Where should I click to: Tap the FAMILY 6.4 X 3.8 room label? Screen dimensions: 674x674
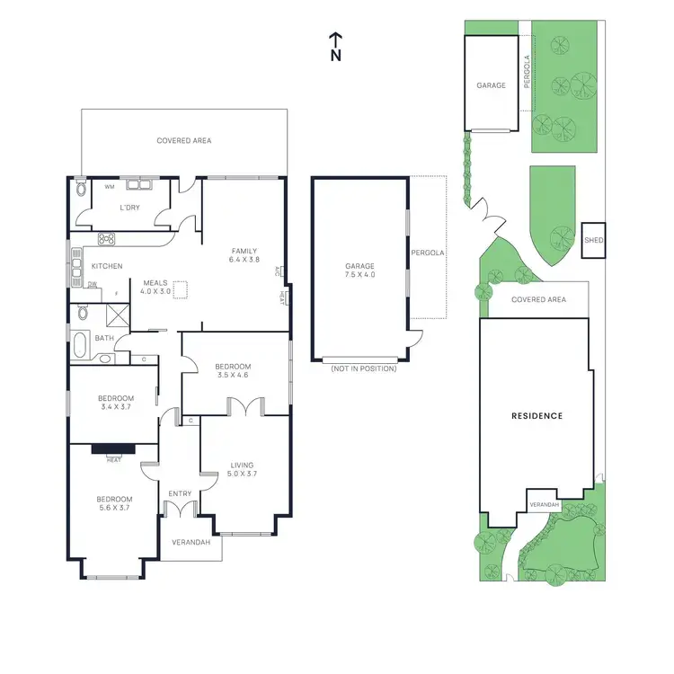(x=244, y=256)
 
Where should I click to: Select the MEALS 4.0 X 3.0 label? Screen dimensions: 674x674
(x=155, y=287)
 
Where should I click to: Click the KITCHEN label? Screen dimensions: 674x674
(x=107, y=266)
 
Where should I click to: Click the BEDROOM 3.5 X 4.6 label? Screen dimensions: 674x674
(x=232, y=371)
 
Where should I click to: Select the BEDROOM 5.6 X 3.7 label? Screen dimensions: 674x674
(x=115, y=504)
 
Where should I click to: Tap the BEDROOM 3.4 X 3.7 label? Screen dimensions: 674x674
(x=115, y=404)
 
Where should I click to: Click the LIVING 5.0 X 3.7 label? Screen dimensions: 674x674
(x=243, y=470)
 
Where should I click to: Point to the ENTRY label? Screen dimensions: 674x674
(x=180, y=493)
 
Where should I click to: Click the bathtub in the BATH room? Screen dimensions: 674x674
(x=81, y=341)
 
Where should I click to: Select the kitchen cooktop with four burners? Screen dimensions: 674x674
(x=107, y=239)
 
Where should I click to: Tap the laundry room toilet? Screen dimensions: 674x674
(x=82, y=189)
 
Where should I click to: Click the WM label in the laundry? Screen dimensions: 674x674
(x=109, y=187)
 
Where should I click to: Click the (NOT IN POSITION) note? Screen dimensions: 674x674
(x=363, y=368)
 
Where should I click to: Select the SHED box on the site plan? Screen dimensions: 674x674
(x=593, y=241)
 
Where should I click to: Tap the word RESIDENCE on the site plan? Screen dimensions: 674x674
(x=537, y=416)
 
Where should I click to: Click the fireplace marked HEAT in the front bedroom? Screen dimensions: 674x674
(x=114, y=449)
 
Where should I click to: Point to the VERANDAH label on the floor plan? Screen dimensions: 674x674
(x=191, y=543)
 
